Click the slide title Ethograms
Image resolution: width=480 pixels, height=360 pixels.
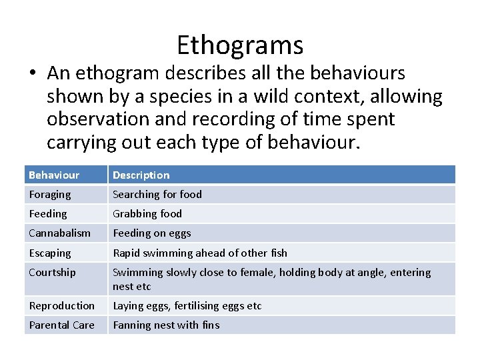(240, 45)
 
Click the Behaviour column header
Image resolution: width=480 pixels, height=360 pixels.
(54, 175)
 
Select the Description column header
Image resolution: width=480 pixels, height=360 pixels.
(141, 175)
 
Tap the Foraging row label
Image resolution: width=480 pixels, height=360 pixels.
(49, 195)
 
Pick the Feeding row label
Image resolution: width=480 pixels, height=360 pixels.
(48, 214)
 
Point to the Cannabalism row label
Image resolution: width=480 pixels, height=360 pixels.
(59, 233)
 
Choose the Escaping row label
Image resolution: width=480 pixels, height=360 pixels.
(49, 253)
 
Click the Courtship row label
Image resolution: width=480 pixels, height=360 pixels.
(52, 273)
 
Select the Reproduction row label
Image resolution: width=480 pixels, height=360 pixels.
(61, 306)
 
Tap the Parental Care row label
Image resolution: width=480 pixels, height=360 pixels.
(61, 325)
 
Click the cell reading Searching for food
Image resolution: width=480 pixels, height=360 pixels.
(157, 195)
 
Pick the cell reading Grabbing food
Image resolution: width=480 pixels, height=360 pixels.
(147, 214)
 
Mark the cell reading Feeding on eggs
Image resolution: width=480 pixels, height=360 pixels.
(151, 233)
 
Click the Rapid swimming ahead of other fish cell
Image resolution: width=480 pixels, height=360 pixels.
(200, 253)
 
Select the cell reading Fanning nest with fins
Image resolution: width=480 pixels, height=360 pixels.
(166, 325)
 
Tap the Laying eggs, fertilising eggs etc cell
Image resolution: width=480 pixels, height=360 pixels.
(187, 306)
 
